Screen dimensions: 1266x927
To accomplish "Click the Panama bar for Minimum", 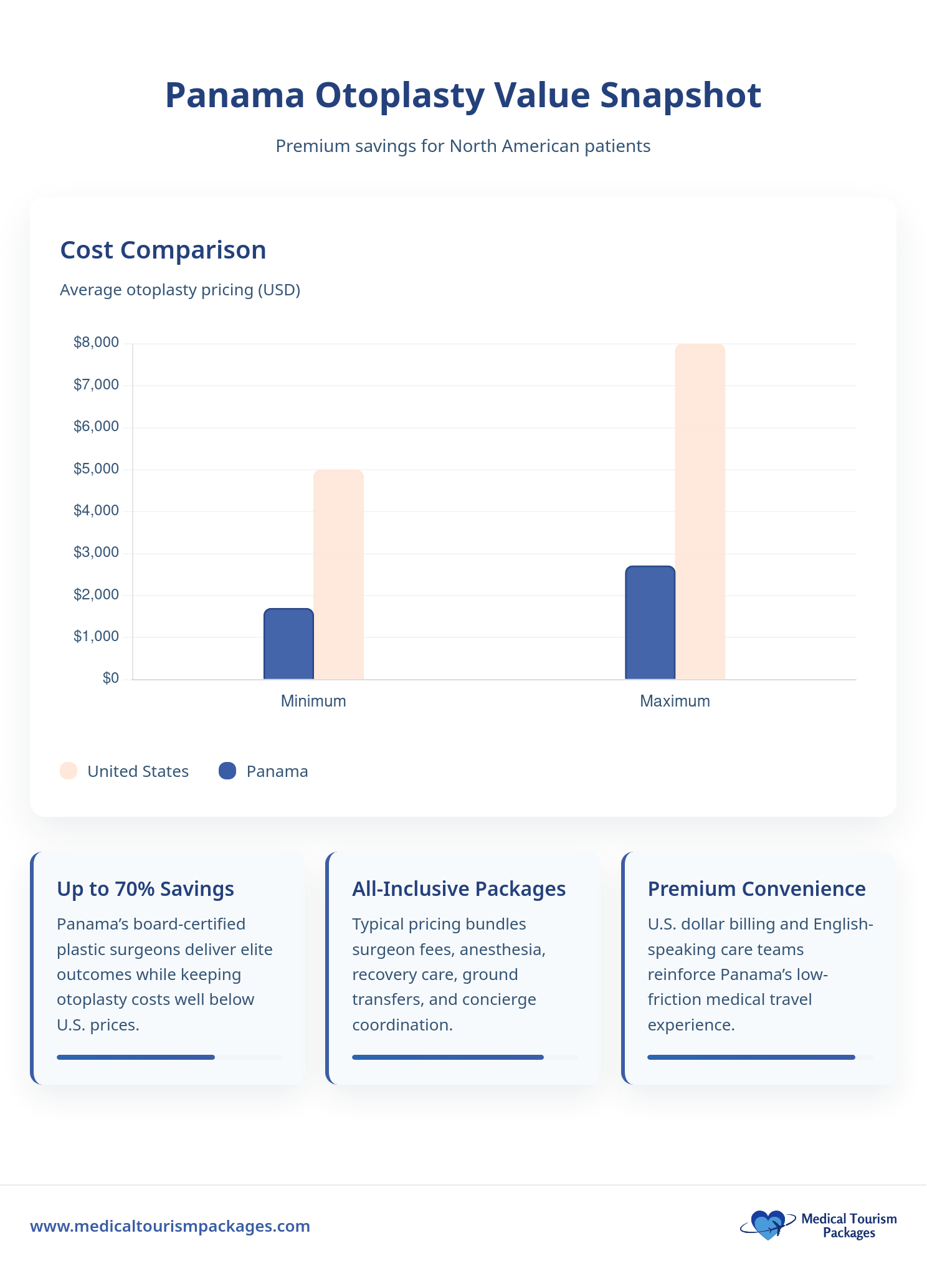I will pos(288,644).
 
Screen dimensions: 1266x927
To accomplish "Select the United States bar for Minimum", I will pos(338,574).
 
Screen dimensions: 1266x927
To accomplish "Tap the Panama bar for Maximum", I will pos(650,622).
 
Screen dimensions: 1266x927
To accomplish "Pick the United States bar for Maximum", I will pos(700,512).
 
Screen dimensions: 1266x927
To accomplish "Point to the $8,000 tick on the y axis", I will pos(96,343).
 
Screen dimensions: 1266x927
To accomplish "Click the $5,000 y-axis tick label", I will pos(96,469).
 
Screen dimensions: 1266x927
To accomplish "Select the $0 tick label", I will pos(110,678).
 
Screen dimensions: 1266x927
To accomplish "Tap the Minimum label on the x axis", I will pos(313,701).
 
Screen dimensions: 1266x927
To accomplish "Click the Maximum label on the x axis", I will pos(675,701).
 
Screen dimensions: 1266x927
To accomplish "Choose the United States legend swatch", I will pos(69,771).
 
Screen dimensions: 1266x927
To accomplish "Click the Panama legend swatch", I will pos(227,771).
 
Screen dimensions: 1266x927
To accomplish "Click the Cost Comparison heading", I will pos(163,250).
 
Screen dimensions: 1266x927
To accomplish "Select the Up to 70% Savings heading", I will pos(145,888).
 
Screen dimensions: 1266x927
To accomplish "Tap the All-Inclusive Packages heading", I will pos(459,888).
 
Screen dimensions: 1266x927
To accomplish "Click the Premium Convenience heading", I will pos(756,888).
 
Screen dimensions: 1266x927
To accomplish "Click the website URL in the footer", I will pos(170,1226).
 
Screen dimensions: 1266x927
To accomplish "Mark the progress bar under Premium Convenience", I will pos(751,1057).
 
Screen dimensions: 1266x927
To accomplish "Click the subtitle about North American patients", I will pos(463,146).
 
